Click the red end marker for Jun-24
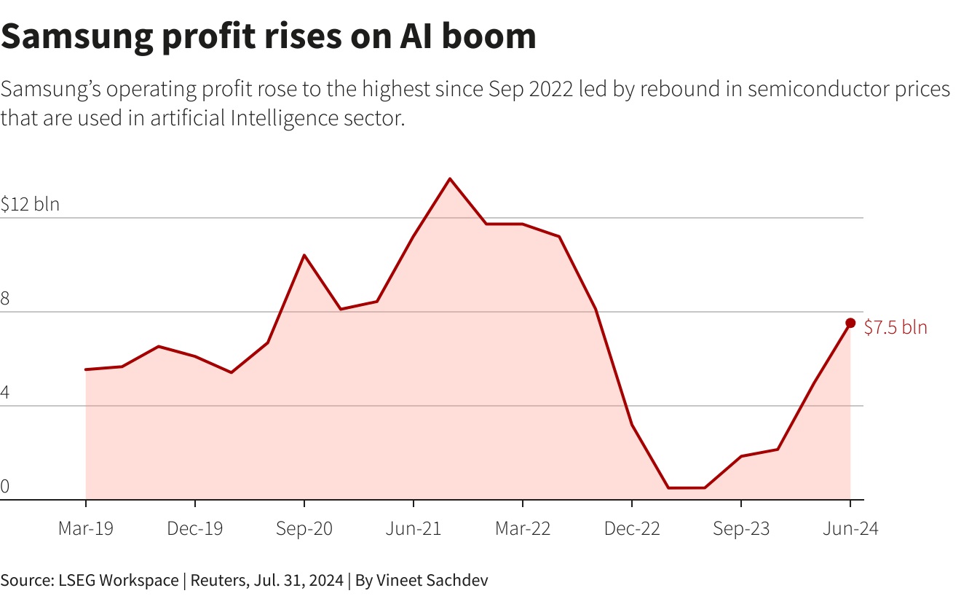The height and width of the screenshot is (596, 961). [850, 323]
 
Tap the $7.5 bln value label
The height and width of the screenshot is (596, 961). [895, 328]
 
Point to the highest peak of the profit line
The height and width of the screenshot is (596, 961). [450, 179]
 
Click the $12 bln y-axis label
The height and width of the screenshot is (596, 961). [30, 204]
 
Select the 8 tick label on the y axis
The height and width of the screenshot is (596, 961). [5, 298]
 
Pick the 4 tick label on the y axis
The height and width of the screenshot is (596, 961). [5, 393]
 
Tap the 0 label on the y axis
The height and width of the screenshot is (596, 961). [5, 487]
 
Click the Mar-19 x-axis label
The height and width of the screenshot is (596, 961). [86, 529]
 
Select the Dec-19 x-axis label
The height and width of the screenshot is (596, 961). [195, 529]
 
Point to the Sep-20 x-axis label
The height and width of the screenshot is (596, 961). [304, 529]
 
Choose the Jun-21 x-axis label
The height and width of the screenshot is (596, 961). [414, 529]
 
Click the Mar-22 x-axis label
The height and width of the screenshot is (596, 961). [523, 529]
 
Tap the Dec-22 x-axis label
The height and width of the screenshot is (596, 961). [632, 529]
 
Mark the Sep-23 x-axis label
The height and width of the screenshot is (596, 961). [741, 529]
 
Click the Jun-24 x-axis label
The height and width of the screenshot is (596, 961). [850, 529]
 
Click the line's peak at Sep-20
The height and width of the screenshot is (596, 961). [304, 255]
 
